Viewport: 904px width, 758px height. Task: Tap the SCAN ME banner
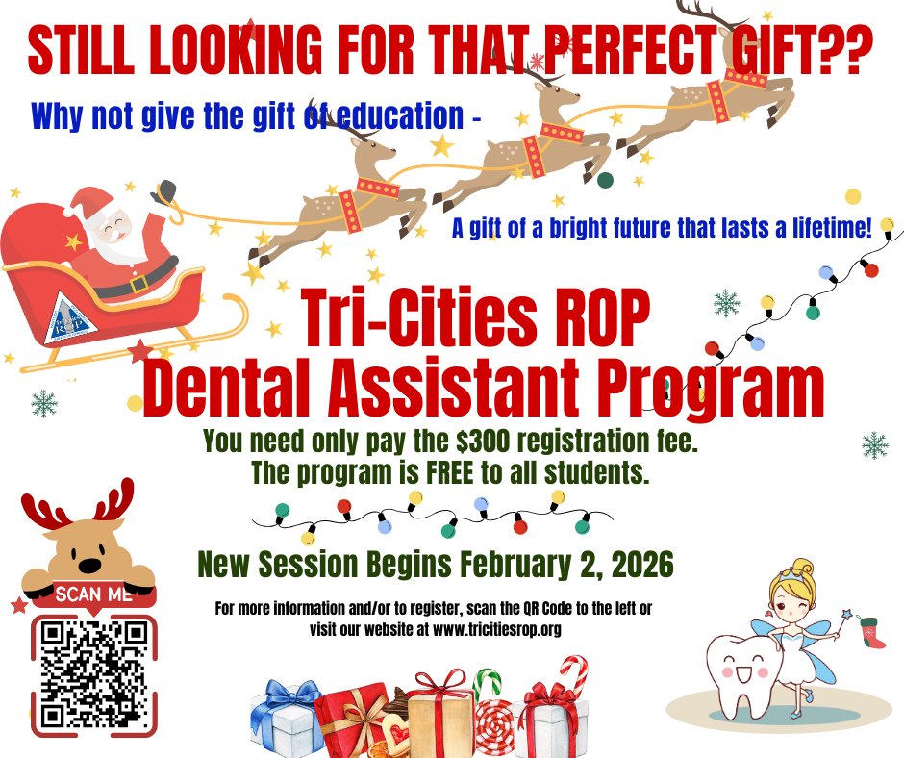[93, 594]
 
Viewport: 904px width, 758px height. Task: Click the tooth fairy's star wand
[848, 614]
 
